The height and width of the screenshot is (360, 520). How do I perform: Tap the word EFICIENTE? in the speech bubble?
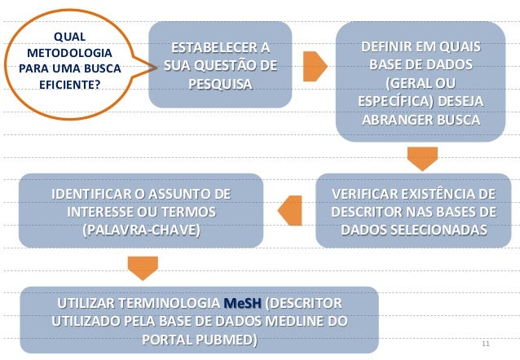click(68, 82)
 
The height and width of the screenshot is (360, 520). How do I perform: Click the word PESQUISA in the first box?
click(219, 83)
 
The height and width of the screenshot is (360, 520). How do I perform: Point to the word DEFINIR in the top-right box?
click(388, 47)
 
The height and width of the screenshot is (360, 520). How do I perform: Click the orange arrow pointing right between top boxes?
click(315, 66)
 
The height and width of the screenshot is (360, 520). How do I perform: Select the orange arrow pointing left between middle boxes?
click(291, 211)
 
